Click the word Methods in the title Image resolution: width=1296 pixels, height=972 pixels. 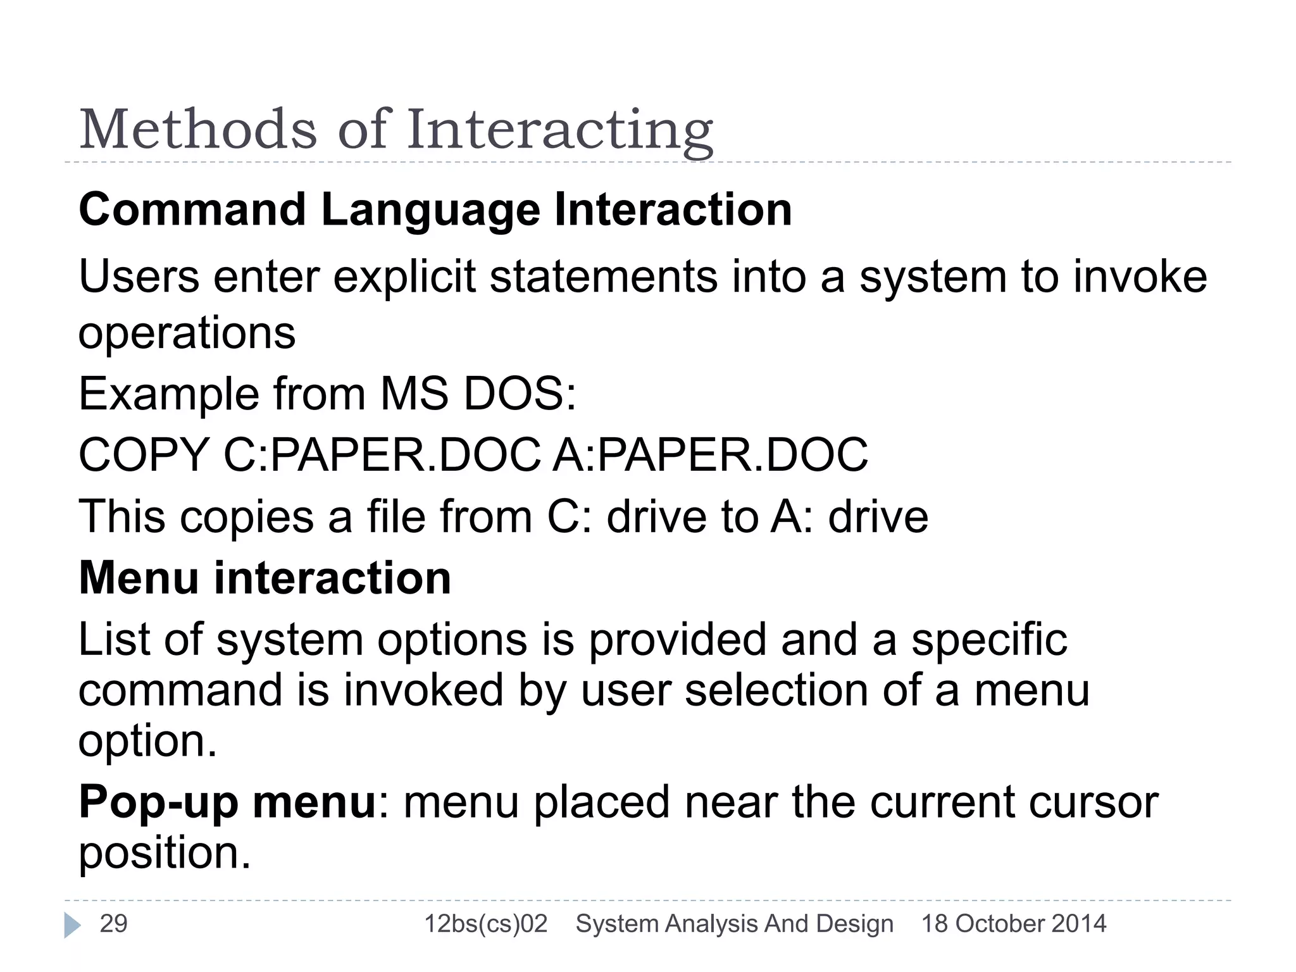197,130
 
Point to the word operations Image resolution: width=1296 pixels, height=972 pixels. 187,333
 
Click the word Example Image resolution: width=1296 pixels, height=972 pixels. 168,394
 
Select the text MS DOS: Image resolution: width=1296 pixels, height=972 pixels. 478,394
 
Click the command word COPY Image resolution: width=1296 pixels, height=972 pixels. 144,455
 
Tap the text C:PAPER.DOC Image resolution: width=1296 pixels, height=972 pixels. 382,455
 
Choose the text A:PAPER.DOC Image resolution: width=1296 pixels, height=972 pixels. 710,455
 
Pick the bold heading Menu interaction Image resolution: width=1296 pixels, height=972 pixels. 265,578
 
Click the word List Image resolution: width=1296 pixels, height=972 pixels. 114,639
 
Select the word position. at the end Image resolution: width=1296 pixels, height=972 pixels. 165,853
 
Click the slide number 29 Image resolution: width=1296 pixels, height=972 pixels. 114,924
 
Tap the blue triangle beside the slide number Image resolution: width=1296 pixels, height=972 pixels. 72,925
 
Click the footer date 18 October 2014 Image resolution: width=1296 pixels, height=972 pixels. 1014,924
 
